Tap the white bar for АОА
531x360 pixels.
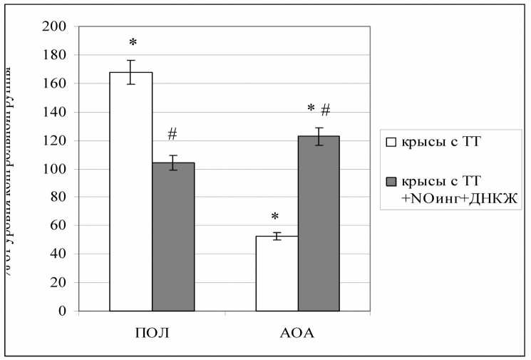click(277, 274)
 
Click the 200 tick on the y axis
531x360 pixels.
click(56, 26)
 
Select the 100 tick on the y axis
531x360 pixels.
click(56, 169)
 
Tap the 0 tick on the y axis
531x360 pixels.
click(63, 312)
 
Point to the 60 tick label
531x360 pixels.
click(58, 226)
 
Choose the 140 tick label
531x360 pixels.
click(56, 112)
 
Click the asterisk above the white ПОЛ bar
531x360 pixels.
click(131, 43)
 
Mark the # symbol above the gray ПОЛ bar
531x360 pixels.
click(173, 133)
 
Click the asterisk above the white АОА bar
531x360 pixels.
click(277, 216)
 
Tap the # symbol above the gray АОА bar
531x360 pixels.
click(326, 109)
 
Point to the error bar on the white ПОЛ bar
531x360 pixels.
click(131, 72)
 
